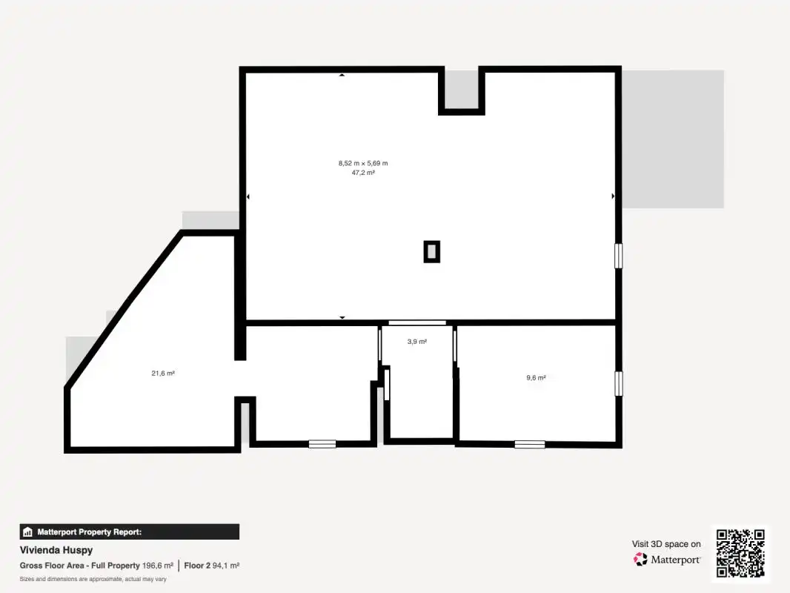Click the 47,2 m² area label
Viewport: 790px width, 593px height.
[x=363, y=173]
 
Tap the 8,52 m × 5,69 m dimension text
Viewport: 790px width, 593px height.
[x=363, y=163]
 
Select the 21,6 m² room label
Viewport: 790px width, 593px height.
[x=163, y=374]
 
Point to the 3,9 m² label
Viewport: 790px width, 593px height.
[x=417, y=342]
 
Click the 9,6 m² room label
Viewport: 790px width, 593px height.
[x=536, y=377]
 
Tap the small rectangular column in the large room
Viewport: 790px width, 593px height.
[x=432, y=251]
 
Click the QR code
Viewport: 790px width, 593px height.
[x=740, y=553]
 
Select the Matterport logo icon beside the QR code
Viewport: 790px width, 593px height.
[x=640, y=559]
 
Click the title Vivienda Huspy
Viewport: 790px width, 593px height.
[x=56, y=550]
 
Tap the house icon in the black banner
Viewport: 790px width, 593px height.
[x=27, y=532]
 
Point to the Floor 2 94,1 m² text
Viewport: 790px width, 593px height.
[x=212, y=566]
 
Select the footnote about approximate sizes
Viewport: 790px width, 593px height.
[x=93, y=580]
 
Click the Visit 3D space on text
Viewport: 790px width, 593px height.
[x=666, y=544]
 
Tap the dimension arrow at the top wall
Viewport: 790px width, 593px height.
[x=342, y=75]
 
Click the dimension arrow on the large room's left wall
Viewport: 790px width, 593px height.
[x=248, y=196]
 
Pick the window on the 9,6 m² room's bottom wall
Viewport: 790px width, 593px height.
[x=530, y=444]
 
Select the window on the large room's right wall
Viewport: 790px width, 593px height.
[x=619, y=256]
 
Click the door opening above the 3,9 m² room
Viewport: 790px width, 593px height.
[x=417, y=322]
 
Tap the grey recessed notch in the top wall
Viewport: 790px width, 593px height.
[x=461, y=89]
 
